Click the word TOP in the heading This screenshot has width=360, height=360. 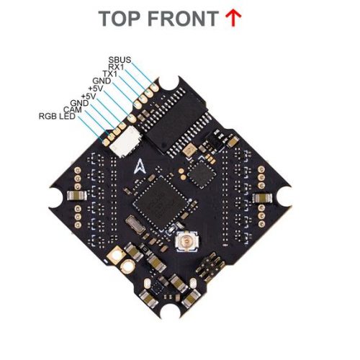(x=120, y=19)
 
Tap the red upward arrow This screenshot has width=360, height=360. (x=233, y=19)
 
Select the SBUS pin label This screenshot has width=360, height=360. (x=120, y=60)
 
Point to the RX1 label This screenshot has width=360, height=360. (x=116, y=67)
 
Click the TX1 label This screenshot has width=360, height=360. (x=110, y=73)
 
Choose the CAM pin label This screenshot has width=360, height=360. (x=73, y=109)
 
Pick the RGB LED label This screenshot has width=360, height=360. (x=57, y=117)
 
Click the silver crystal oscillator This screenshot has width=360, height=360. (x=135, y=225)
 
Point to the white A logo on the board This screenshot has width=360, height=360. (x=140, y=166)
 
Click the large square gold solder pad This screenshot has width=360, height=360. (x=117, y=256)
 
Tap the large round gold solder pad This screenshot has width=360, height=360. (x=129, y=267)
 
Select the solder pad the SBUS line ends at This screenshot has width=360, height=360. (x=155, y=88)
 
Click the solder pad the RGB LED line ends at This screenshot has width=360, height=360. (x=106, y=143)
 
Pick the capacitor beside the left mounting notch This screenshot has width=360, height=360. (x=77, y=195)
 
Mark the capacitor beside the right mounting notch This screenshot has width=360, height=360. (x=262, y=198)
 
